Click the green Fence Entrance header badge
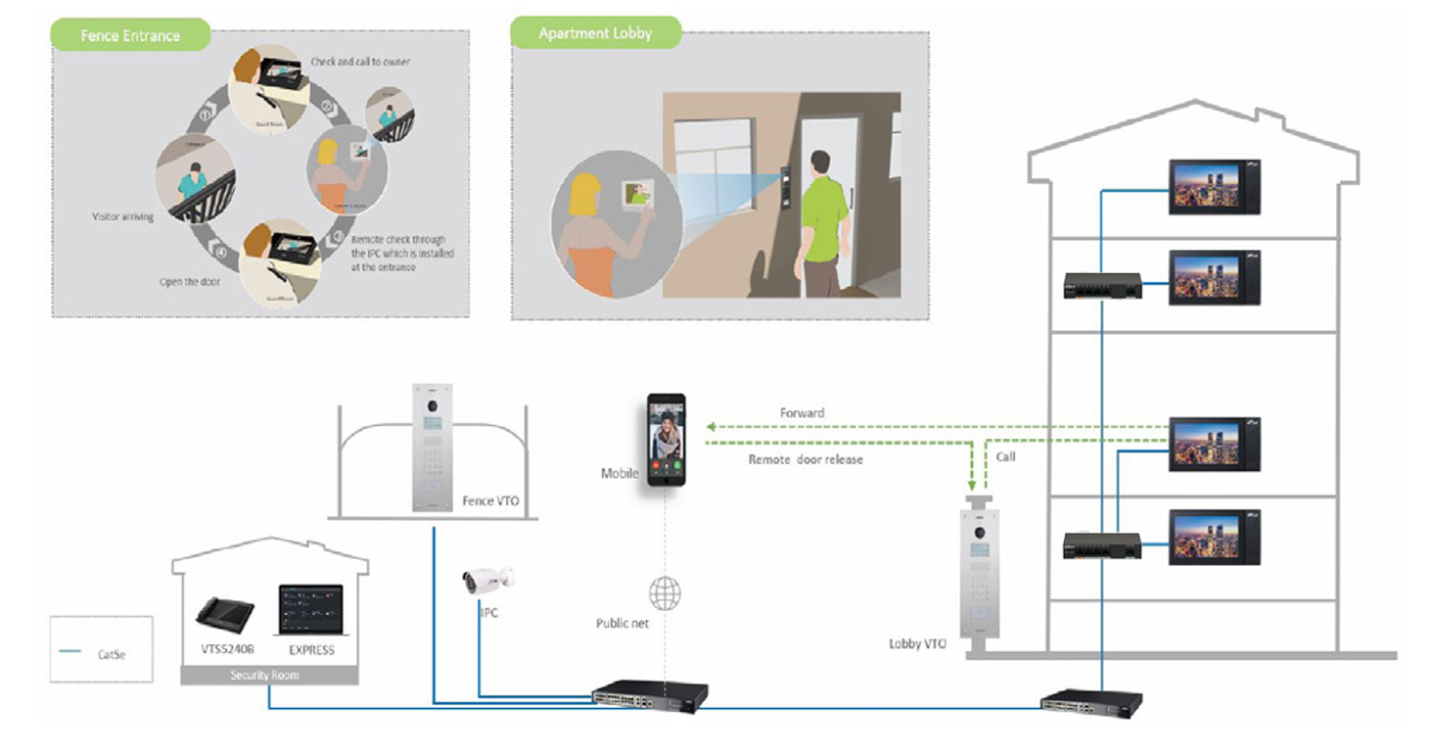pyautogui.click(x=130, y=35)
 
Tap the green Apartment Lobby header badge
pyautogui.click(x=594, y=34)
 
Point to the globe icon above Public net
pyautogui.click(x=665, y=592)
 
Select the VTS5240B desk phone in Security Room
pyautogui.click(x=225, y=612)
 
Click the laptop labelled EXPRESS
pyautogui.click(x=311, y=612)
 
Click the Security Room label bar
pyautogui.click(x=269, y=676)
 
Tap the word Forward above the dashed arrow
pyautogui.click(x=802, y=413)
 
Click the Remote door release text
pyautogui.click(x=806, y=459)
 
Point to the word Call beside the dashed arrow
pyautogui.click(x=1005, y=457)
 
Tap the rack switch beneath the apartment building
pyautogui.click(x=1090, y=701)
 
